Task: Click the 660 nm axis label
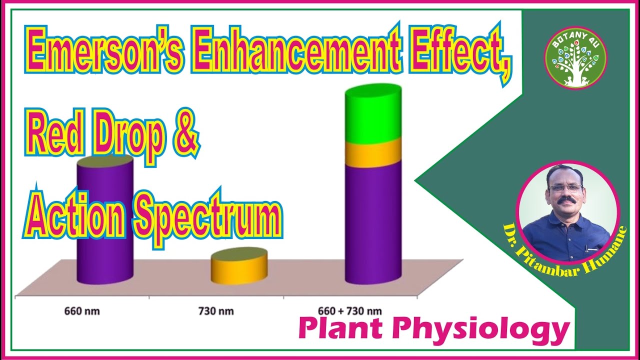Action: coord(82,311)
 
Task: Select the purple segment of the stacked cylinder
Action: coord(373,225)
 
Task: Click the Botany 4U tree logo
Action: coord(575,57)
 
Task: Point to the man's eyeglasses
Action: coord(565,188)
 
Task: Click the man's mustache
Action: coord(566,201)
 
